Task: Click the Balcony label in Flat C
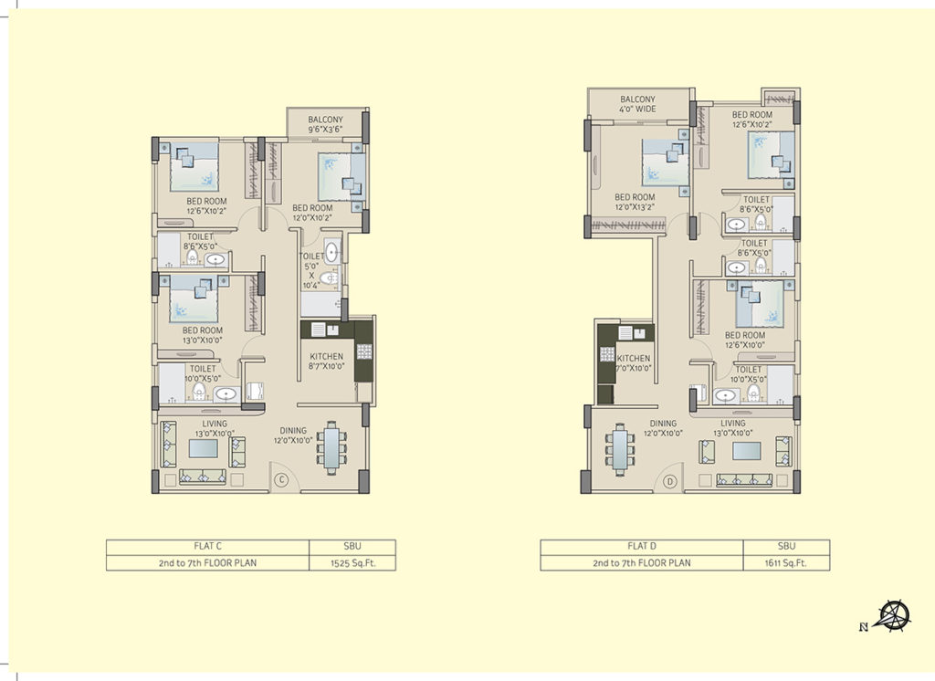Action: click(326, 124)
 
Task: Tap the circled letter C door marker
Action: click(281, 480)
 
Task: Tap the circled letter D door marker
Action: click(669, 481)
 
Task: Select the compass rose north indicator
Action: click(893, 615)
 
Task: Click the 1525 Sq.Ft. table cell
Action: click(352, 563)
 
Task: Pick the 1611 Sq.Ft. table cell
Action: click(786, 563)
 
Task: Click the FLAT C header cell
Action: click(207, 546)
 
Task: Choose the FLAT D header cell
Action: click(642, 546)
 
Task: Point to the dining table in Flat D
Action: click(620, 448)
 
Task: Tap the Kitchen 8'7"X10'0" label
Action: click(326, 361)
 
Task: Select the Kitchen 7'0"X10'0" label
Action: click(634, 363)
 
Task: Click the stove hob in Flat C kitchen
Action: click(363, 351)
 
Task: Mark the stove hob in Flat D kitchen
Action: click(607, 354)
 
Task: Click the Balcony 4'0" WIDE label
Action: click(637, 104)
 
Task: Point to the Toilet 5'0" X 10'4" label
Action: click(311, 271)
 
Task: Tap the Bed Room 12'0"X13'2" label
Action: click(635, 202)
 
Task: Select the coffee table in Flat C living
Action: click(204, 448)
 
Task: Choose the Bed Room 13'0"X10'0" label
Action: click(203, 335)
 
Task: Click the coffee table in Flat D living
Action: click(747, 451)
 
